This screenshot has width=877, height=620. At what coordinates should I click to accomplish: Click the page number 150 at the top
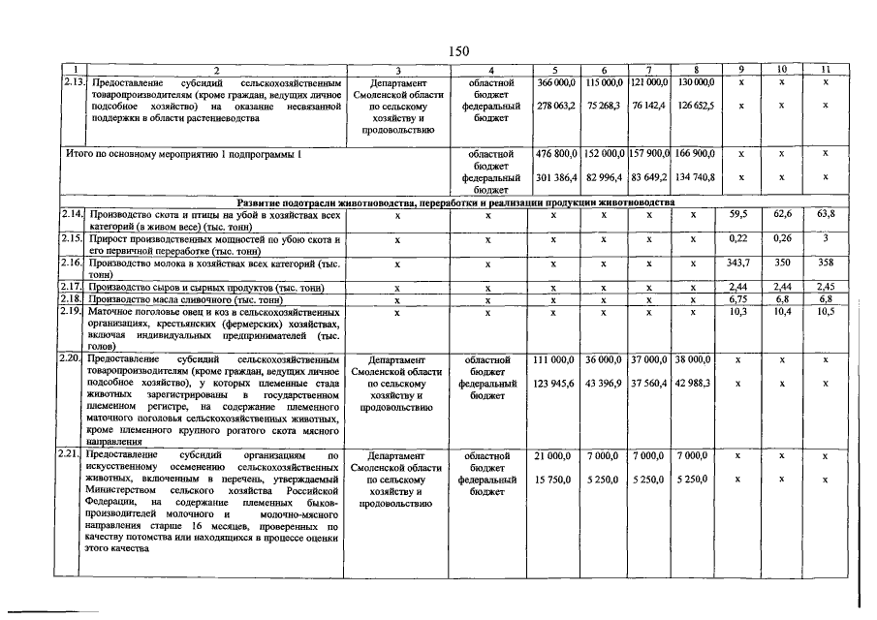(459, 51)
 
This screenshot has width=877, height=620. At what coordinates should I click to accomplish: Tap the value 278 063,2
(556, 106)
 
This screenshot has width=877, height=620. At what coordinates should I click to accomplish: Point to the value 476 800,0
(556, 154)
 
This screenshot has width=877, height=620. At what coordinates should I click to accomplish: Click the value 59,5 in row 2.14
(741, 214)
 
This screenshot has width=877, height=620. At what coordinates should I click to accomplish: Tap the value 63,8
(826, 214)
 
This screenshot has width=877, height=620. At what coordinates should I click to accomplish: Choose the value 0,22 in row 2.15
(741, 238)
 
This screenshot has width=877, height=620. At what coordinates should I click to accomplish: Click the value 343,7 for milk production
(741, 263)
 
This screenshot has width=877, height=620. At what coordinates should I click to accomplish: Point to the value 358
(826, 263)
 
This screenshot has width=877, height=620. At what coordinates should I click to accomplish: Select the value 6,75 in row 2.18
(741, 300)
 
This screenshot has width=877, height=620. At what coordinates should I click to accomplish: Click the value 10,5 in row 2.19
(826, 312)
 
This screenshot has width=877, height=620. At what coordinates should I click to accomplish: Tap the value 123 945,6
(556, 384)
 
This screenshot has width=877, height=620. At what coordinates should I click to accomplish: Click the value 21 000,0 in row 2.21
(556, 455)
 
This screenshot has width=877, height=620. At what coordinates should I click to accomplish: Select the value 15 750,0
(556, 480)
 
